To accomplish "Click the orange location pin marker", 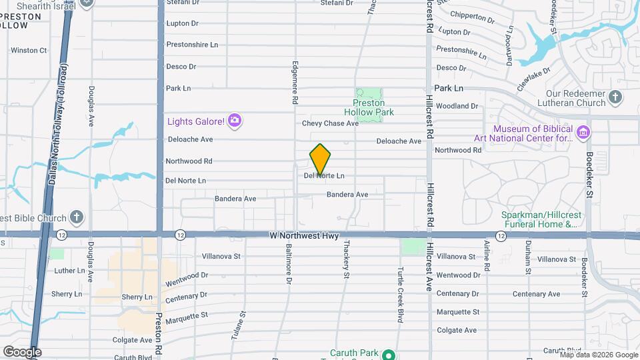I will coord(320,159).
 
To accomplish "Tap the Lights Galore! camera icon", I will coord(234,121).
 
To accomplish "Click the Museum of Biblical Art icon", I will coord(583,133).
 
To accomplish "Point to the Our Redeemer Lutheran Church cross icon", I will coord(615,98).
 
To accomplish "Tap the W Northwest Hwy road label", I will coord(304,236).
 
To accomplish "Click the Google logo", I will coord(22,351).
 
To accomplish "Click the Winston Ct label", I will coord(29,50).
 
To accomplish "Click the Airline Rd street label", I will coord(487,257).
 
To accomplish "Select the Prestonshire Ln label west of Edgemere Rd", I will coord(192,45).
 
